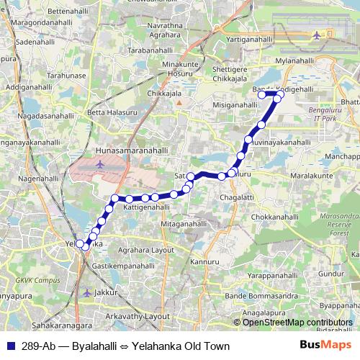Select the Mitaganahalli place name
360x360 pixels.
pyautogui.click(x=183, y=224)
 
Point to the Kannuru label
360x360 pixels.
pyautogui.click(x=205, y=261)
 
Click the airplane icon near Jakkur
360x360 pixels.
pyautogui.click(x=88, y=293)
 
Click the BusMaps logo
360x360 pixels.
pyautogui.click(x=325, y=346)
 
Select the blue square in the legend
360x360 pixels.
pyautogui.click(x=10, y=346)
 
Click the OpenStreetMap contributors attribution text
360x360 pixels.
pyautogui.click(x=297, y=323)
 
